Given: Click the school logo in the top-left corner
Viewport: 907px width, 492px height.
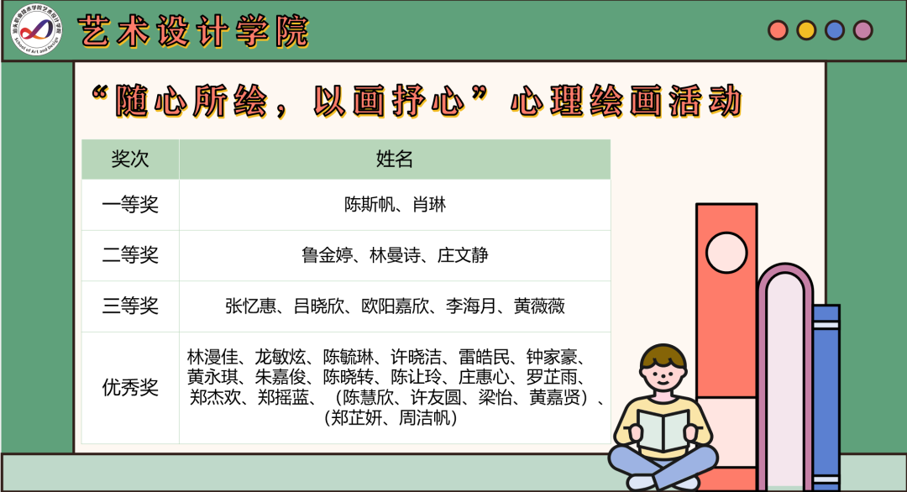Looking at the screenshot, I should click(36, 30).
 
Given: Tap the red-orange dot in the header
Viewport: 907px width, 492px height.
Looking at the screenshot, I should click(779, 30).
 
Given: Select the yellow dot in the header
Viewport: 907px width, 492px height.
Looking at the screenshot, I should click(806, 30).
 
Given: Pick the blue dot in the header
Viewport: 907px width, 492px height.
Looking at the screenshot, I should click(835, 30).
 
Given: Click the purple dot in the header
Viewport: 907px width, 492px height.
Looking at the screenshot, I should click(862, 30).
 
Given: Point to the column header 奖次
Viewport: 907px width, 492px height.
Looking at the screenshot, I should click(130, 160).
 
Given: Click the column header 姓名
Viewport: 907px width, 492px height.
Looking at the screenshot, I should click(395, 160).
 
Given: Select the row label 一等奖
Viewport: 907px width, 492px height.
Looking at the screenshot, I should click(130, 205).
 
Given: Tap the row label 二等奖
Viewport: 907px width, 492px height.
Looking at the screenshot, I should click(130, 255).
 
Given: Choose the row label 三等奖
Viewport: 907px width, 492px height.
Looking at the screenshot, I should click(130, 306).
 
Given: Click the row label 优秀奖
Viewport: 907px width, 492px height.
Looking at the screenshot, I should click(130, 387).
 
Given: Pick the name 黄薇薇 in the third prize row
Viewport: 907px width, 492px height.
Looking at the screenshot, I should click(539, 306).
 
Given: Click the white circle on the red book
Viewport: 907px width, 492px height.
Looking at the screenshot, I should click(726, 252).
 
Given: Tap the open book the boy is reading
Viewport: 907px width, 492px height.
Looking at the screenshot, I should click(663, 432).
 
